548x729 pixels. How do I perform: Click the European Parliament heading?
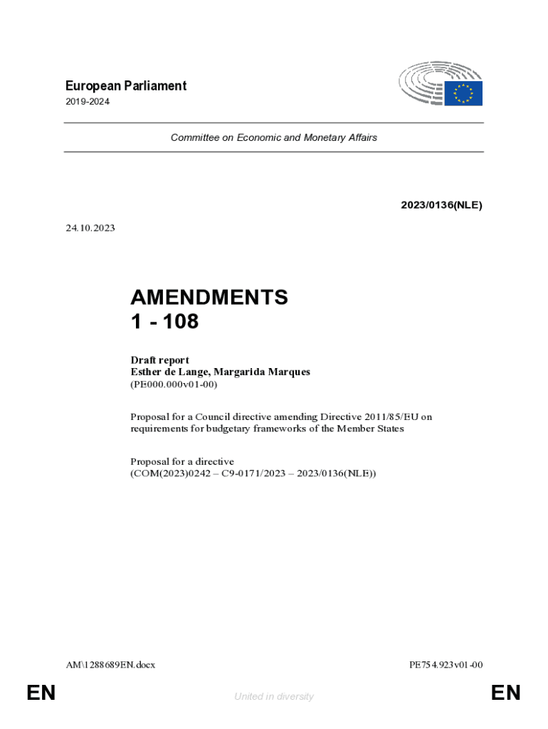pos(125,86)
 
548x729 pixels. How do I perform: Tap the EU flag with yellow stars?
pos(463,93)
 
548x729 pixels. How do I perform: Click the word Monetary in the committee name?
pos(326,137)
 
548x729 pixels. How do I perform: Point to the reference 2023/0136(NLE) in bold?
pos(441,205)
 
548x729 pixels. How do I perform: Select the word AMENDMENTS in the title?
pos(209,298)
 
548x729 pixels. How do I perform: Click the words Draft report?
pos(159,360)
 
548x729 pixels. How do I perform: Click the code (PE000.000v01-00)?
pos(174,384)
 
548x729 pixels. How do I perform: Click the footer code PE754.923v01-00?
pos(446,665)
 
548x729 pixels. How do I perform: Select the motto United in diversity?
pos(274,697)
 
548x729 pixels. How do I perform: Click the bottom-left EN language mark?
pos(41,693)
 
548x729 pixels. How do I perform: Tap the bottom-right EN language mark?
pos(505,693)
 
